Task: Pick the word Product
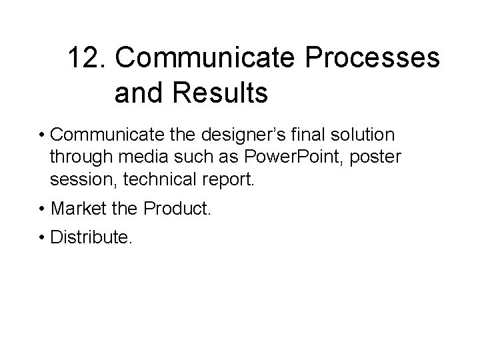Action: [x=177, y=209]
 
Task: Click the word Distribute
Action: [x=92, y=237]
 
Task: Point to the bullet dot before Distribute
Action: [x=42, y=237]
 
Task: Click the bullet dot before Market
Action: [x=42, y=209]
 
